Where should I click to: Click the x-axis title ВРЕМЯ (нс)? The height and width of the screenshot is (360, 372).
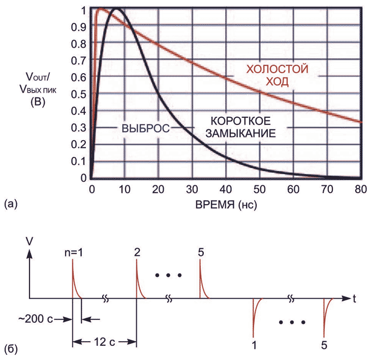tap(226, 206)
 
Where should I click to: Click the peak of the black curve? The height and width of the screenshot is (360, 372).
tap(117, 9)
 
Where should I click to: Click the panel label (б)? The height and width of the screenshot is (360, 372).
tap(12, 350)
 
